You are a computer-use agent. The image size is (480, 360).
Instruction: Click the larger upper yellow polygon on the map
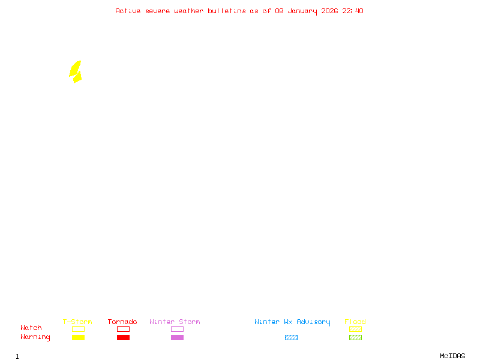point(75,68)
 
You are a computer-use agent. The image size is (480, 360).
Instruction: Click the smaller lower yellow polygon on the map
point(77,77)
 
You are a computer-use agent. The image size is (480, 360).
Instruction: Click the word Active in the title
point(128,11)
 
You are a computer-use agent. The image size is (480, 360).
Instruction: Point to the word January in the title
point(301,11)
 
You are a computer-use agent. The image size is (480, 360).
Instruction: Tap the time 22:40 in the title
point(353,11)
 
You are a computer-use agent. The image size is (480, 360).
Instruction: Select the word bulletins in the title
point(227,11)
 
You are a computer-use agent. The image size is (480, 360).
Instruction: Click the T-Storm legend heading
point(77,322)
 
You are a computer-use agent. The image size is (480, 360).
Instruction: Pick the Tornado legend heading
point(122,322)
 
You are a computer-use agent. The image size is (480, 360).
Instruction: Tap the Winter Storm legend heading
point(175,322)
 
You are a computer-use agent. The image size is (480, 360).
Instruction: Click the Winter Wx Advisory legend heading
point(292,322)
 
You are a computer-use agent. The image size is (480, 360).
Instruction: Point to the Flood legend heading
point(355,322)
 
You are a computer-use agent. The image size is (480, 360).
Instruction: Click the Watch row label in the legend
point(31,328)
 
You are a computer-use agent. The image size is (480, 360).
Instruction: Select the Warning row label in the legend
point(35,337)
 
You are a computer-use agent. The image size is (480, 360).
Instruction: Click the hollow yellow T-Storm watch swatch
point(78,329)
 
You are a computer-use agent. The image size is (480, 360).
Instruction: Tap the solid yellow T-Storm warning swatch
point(78,337)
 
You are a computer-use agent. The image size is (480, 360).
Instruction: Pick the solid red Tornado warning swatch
point(123,337)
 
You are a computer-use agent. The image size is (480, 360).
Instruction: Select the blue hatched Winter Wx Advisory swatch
point(291,337)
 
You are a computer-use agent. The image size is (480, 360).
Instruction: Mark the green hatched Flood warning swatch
point(355,337)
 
